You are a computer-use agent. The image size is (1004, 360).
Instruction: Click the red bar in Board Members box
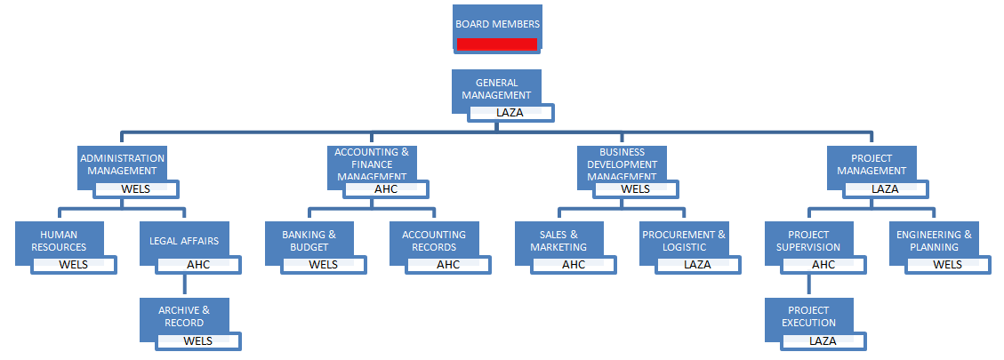[496, 44]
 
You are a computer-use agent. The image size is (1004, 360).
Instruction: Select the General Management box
[496, 88]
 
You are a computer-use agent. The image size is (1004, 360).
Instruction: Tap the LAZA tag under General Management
[510, 113]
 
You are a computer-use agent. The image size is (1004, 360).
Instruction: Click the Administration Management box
[122, 164]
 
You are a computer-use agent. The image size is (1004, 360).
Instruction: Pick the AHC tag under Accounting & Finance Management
[386, 188]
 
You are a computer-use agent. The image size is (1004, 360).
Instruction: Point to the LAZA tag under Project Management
[885, 188]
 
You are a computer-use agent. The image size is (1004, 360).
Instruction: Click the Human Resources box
[60, 240]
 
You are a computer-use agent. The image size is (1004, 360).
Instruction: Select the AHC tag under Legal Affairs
[198, 264]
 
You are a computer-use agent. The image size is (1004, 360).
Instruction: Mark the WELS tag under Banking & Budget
[324, 264]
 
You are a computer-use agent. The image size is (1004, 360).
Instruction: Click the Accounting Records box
[434, 240]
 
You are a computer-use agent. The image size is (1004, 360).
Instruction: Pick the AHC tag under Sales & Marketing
[574, 264]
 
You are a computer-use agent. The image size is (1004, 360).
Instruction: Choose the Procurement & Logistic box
[684, 240]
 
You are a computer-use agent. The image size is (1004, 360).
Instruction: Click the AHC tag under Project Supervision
[823, 264]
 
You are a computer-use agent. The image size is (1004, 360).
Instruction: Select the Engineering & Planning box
[934, 240]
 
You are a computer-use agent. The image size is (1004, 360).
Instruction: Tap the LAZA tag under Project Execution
[823, 340]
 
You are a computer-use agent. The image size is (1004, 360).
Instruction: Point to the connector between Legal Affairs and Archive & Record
[184, 284]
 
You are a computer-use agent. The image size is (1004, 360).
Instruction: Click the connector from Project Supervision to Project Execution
[809, 284]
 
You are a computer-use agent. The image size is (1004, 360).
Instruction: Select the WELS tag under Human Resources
[74, 264]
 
